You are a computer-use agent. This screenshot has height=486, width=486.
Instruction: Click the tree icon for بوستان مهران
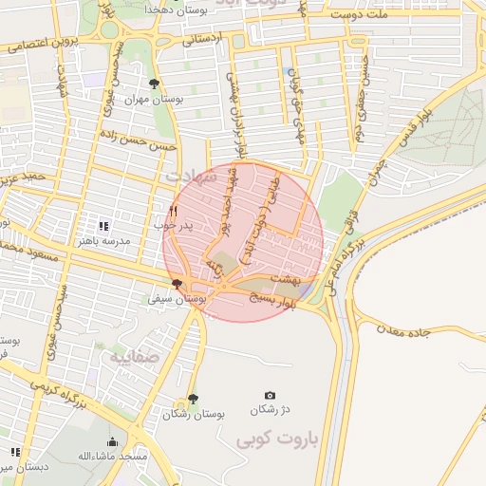tap(155, 84)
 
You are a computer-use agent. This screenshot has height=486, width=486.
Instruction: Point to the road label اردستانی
tap(201, 40)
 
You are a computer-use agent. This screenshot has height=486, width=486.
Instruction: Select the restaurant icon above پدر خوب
tap(173, 211)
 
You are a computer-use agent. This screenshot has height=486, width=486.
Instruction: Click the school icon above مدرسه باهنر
tap(103, 226)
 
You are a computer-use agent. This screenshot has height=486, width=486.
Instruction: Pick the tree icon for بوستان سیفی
tap(177, 284)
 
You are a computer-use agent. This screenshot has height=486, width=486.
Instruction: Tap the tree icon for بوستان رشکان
tap(193, 400)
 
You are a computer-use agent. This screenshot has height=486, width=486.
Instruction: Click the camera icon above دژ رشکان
tap(271, 395)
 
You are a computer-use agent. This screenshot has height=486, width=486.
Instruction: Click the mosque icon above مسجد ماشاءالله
tap(113, 442)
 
